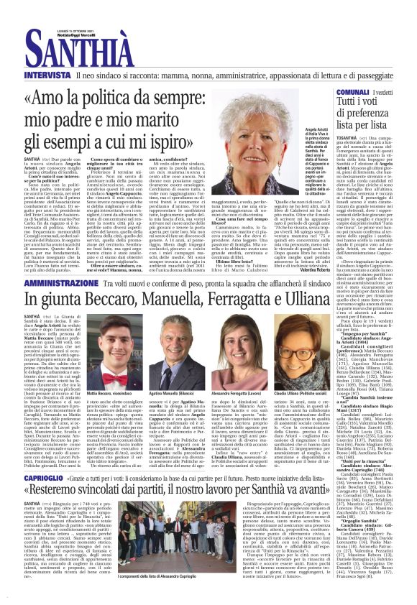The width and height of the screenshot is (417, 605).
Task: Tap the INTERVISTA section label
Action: (47, 74)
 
